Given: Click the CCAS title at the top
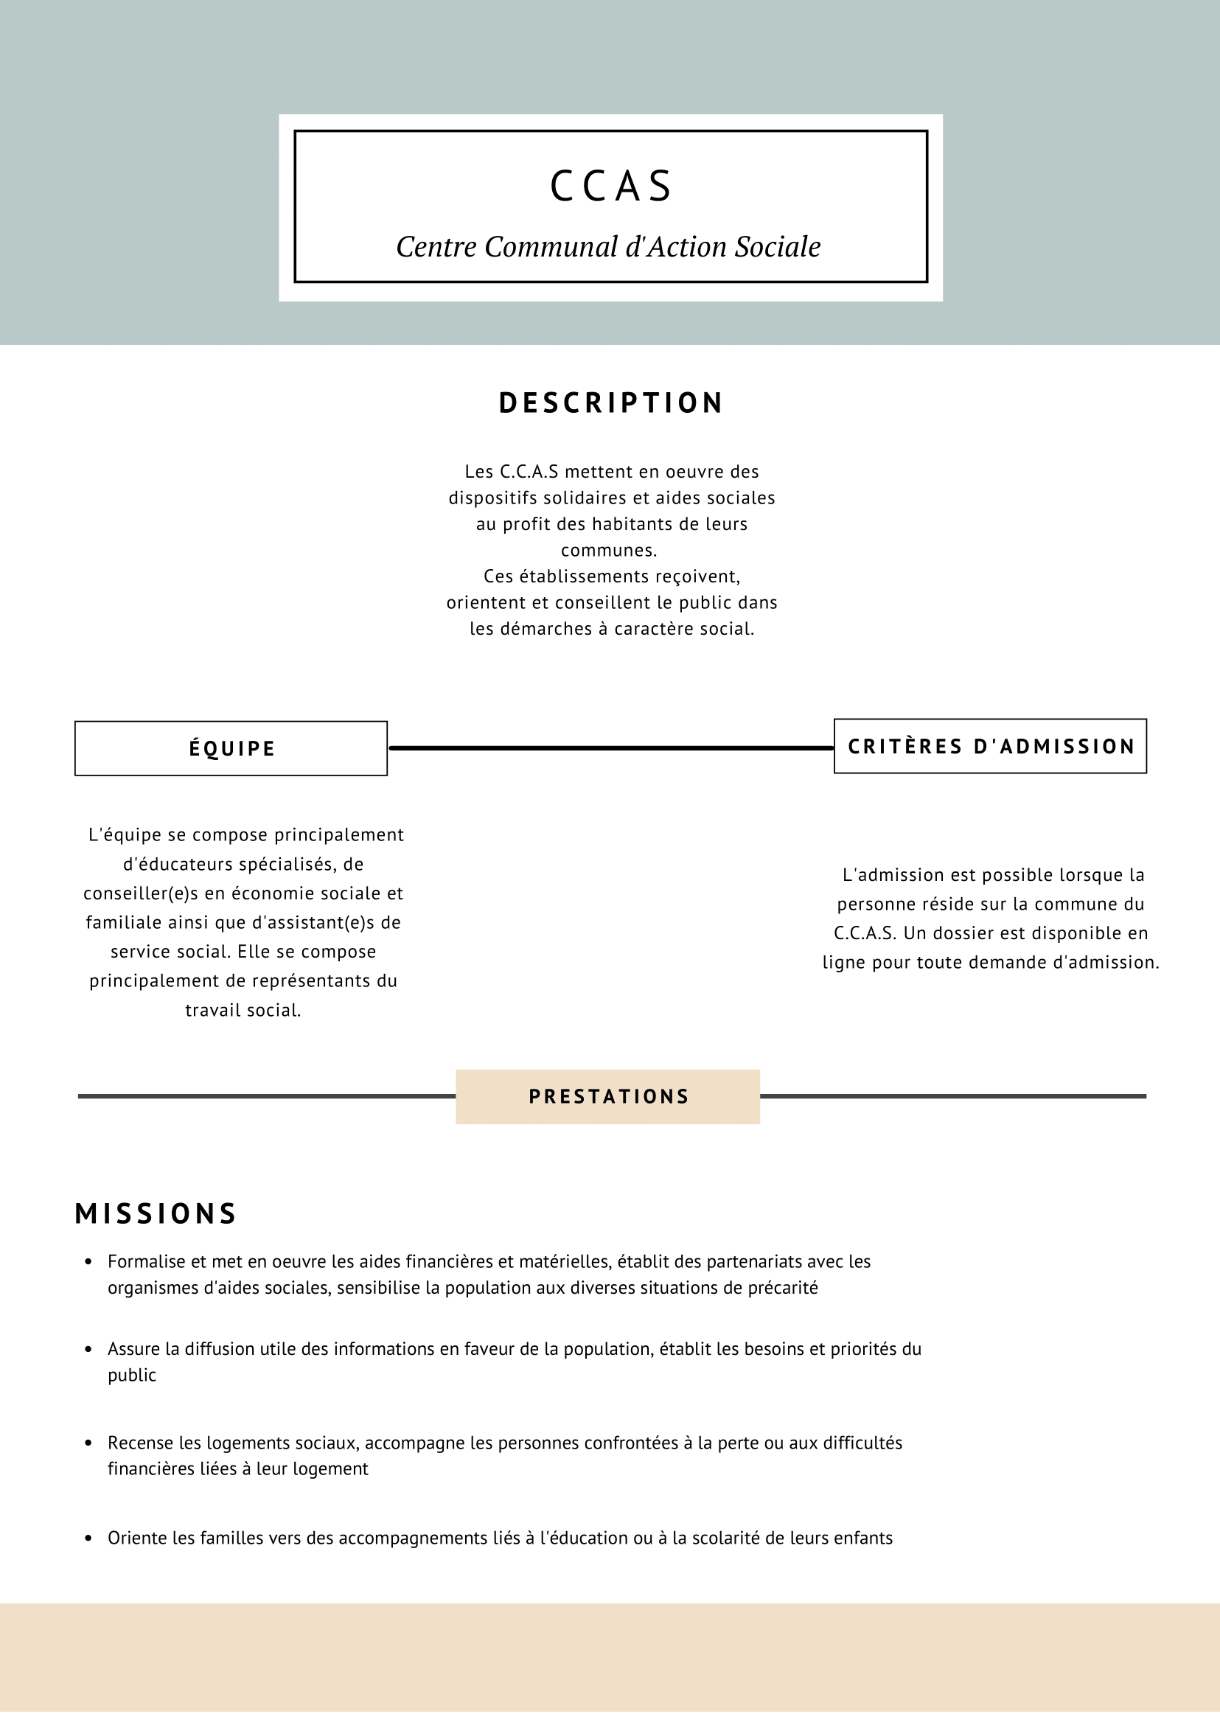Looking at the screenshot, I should pos(611,187).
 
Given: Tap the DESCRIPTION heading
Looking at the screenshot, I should pos(611,403).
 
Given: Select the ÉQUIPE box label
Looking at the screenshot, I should pos(231,749).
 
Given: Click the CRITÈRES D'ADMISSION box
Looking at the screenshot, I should pos(990,747).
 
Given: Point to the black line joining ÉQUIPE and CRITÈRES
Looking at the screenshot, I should pos(610,748).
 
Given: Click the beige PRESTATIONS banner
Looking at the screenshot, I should pos(607,1097).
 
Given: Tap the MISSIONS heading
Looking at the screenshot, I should pos(156,1214).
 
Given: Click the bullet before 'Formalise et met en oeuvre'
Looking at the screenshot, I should pos(88,1262).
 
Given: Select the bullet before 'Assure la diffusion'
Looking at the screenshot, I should pos(88,1349).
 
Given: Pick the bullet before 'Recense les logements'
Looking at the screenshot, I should pos(88,1443).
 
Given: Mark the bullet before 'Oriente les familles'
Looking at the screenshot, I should pos(88,1538).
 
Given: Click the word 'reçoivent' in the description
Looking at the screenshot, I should pos(705,577).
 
